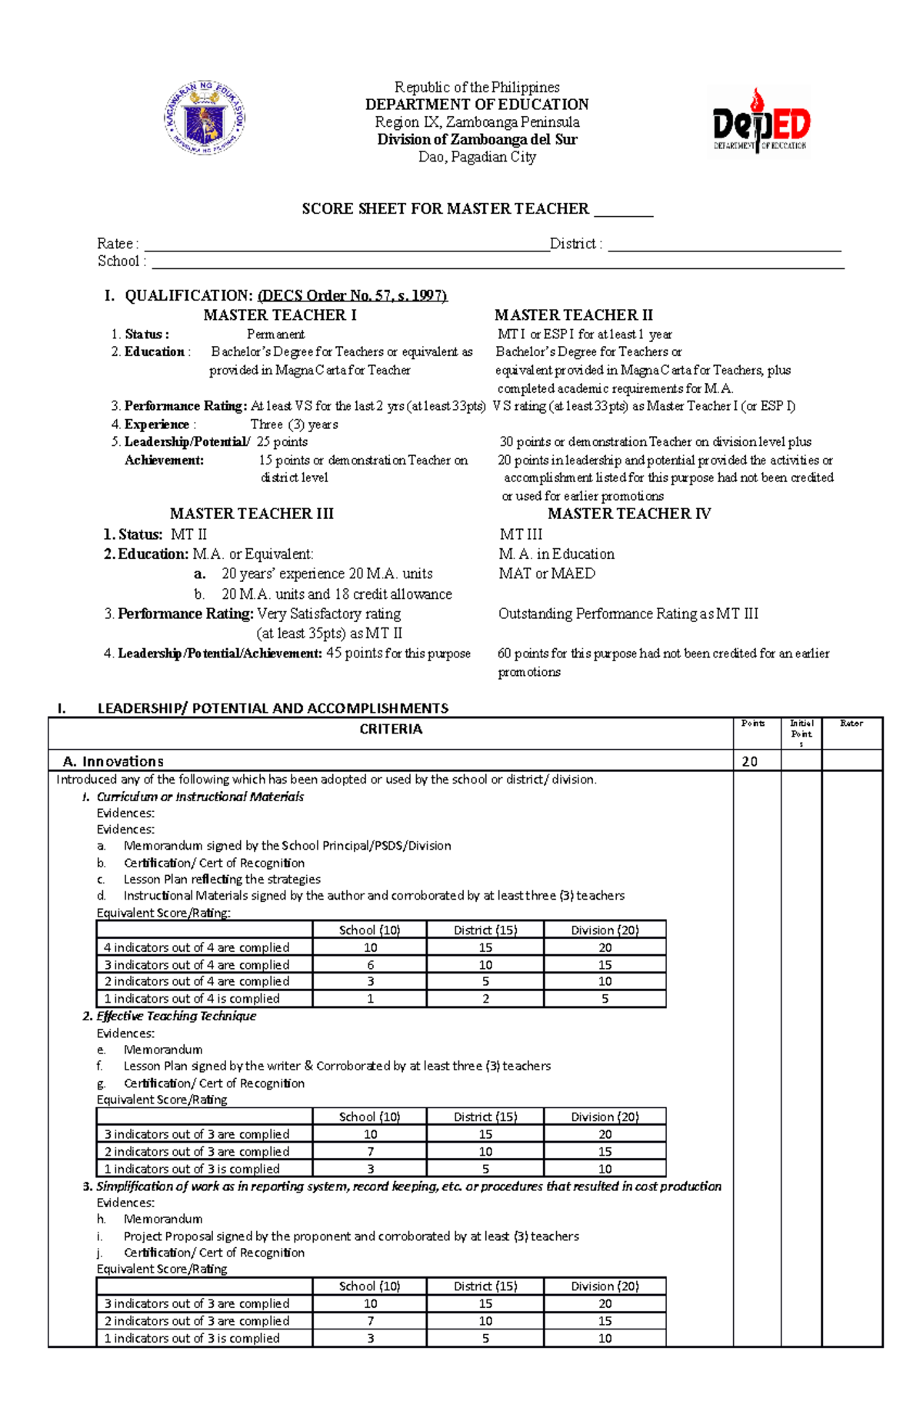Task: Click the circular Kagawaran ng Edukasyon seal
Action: [x=205, y=118]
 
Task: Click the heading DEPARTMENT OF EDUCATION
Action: [x=477, y=105]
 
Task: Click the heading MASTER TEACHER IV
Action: [x=629, y=514]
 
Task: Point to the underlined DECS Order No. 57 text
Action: [x=352, y=296]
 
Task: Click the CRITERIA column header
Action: [x=391, y=729]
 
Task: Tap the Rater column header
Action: [x=851, y=724]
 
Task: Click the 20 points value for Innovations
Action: [x=750, y=761]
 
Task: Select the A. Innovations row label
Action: [x=113, y=761]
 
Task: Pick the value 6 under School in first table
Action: [x=370, y=965]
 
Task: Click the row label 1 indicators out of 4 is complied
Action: [x=192, y=999]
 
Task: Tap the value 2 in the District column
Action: [x=485, y=999]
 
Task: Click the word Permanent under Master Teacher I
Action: [x=275, y=334]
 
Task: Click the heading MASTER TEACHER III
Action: [x=252, y=514]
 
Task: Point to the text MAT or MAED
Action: [x=547, y=574]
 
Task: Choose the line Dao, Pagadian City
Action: [x=477, y=157]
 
